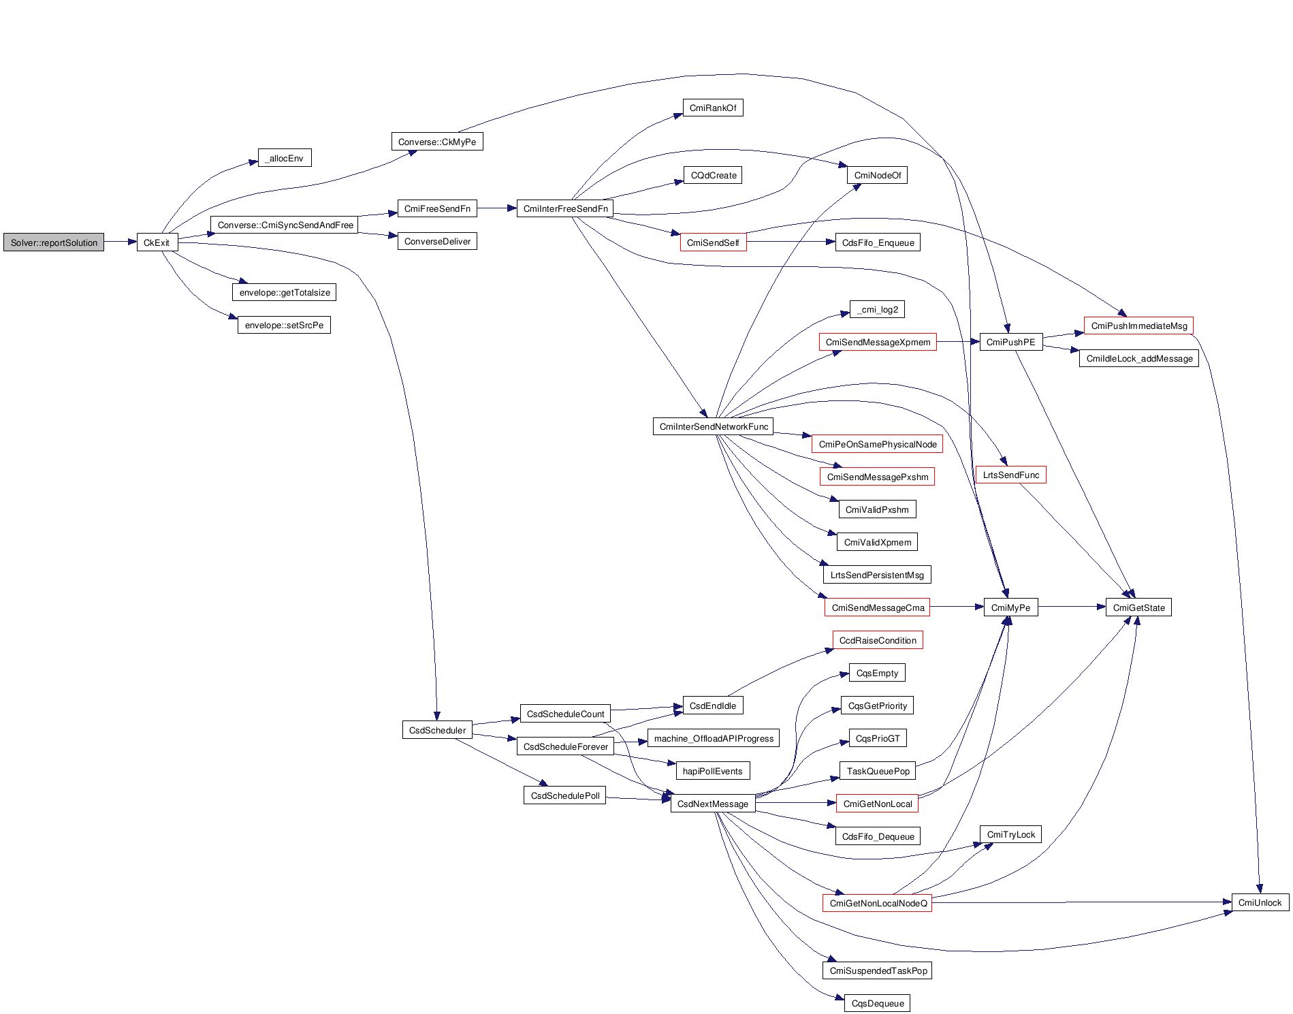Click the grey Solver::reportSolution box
pyautogui.click(x=54, y=242)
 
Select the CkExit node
pyautogui.click(x=157, y=242)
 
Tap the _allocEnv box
pyautogui.click(x=285, y=158)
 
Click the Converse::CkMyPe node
pyautogui.click(x=436, y=142)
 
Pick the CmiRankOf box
pyautogui.click(x=712, y=108)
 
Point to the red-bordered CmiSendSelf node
pyautogui.click(x=713, y=242)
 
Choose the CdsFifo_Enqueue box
pyautogui.click(x=878, y=242)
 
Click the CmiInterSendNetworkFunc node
pyautogui.click(x=713, y=426)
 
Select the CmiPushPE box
pyautogui.click(x=1010, y=342)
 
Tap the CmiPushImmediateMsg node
pyautogui.click(x=1138, y=326)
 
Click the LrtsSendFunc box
pyautogui.click(x=1010, y=475)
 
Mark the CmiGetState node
pyautogui.click(x=1138, y=607)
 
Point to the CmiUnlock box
pyautogui.click(x=1260, y=902)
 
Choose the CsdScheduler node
pyautogui.click(x=437, y=730)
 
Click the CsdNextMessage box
pyautogui.click(x=712, y=804)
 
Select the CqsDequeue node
pyautogui.click(x=877, y=1003)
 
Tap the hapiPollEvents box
pyautogui.click(x=712, y=771)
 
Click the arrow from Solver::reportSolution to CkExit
pyautogui.click(x=121, y=242)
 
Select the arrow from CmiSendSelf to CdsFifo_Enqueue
pyautogui.click(x=791, y=242)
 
